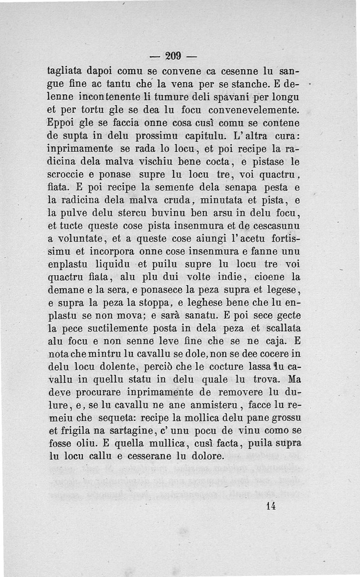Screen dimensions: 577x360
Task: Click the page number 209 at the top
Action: click(x=173, y=56)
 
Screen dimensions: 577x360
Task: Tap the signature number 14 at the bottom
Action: click(x=270, y=505)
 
